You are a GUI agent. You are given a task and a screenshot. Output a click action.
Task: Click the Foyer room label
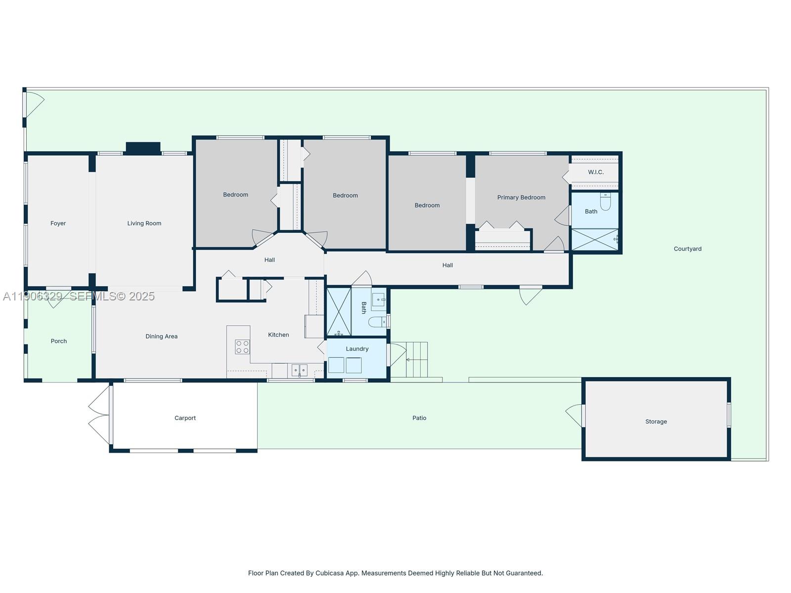(58, 223)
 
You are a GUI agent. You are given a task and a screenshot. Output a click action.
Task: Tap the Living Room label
(144, 223)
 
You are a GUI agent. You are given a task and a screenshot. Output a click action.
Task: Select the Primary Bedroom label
(521, 197)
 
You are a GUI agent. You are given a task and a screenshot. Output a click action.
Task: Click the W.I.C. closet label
(595, 172)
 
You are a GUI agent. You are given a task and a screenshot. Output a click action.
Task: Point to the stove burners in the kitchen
(242, 346)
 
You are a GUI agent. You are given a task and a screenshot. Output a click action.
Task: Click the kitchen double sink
(299, 370)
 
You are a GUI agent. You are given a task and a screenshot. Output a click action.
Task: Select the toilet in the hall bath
(377, 322)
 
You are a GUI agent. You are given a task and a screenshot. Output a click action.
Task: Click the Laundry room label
(357, 349)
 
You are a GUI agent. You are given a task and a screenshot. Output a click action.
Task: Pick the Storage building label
(656, 422)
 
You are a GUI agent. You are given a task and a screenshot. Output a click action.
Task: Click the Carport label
(185, 418)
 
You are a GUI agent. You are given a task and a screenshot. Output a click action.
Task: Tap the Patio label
(419, 418)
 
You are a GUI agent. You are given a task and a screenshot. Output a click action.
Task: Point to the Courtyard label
(687, 249)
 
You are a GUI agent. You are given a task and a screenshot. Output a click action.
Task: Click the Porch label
(58, 341)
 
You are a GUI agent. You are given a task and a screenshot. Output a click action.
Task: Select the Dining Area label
(161, 337)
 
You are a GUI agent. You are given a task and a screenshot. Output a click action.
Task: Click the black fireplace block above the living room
(143, 147)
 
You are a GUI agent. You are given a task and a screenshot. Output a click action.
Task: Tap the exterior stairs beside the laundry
(416, 359)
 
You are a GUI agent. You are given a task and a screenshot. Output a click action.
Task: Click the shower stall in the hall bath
(339, 311)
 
